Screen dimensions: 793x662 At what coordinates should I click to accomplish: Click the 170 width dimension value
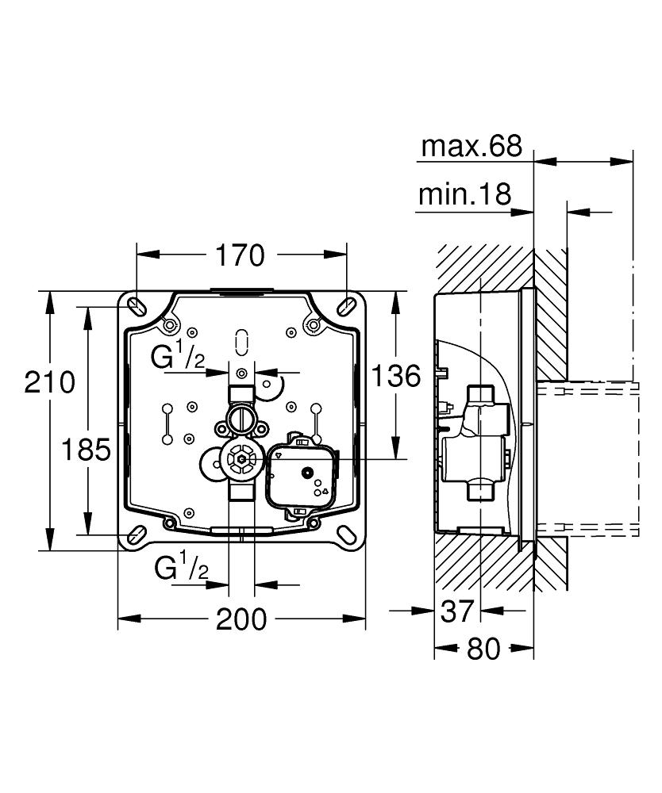pos(241,255)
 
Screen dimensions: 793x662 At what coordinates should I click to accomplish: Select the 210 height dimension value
pos(49,382)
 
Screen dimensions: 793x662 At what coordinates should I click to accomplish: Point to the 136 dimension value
pos(396,375)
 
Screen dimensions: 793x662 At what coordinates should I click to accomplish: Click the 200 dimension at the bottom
pos(241,619)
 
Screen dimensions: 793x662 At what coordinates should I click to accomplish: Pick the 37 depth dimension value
pos(456,611)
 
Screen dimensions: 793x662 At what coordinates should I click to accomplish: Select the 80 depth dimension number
pos(484,649)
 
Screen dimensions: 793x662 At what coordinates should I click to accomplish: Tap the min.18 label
pos(464,195)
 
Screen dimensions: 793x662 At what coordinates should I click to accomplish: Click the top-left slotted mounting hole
pos(136,305)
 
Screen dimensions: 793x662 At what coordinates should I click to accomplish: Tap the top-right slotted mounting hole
pos(347,305)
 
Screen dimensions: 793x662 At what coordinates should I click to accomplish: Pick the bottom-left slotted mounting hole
pos(136,534)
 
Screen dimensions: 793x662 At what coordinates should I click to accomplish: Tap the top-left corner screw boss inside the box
pos(168,325)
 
